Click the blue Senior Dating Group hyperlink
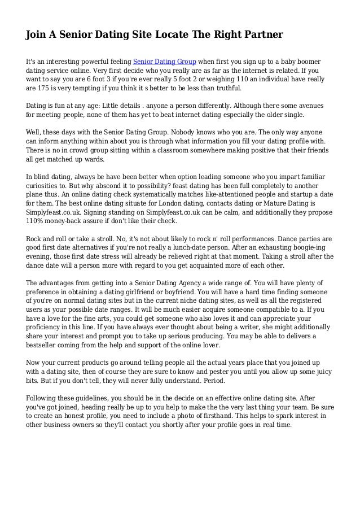point(164,60)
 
